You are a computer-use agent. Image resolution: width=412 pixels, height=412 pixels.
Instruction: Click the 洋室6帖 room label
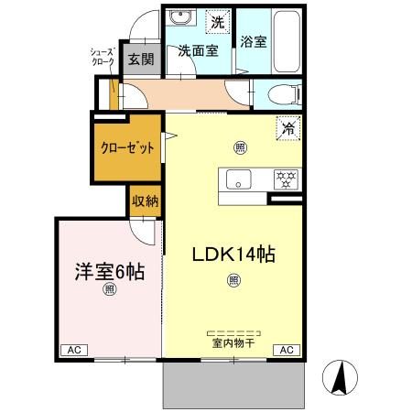click(109, 272)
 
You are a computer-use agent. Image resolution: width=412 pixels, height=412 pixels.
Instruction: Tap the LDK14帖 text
click(233, 255)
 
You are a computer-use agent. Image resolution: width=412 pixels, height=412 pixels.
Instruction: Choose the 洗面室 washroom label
click(198, 51)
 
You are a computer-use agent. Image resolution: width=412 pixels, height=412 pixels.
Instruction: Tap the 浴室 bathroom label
click(252, 41)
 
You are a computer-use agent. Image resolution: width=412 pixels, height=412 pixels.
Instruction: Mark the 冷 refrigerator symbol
click(287, 130)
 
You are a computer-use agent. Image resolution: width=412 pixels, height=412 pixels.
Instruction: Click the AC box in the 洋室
click(72, 350)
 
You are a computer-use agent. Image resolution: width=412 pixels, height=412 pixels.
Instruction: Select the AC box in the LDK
click(286, 350)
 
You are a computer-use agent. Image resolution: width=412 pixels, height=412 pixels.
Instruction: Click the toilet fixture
click(285, 92)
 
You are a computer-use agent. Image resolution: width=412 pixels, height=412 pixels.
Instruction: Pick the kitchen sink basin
click(239, 179)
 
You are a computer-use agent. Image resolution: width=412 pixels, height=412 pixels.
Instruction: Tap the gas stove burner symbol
click(285, 179)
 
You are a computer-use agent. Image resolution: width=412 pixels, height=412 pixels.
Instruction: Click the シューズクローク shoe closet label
click(101, 58)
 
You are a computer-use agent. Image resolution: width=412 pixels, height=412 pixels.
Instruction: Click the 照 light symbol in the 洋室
click(109, 290)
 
